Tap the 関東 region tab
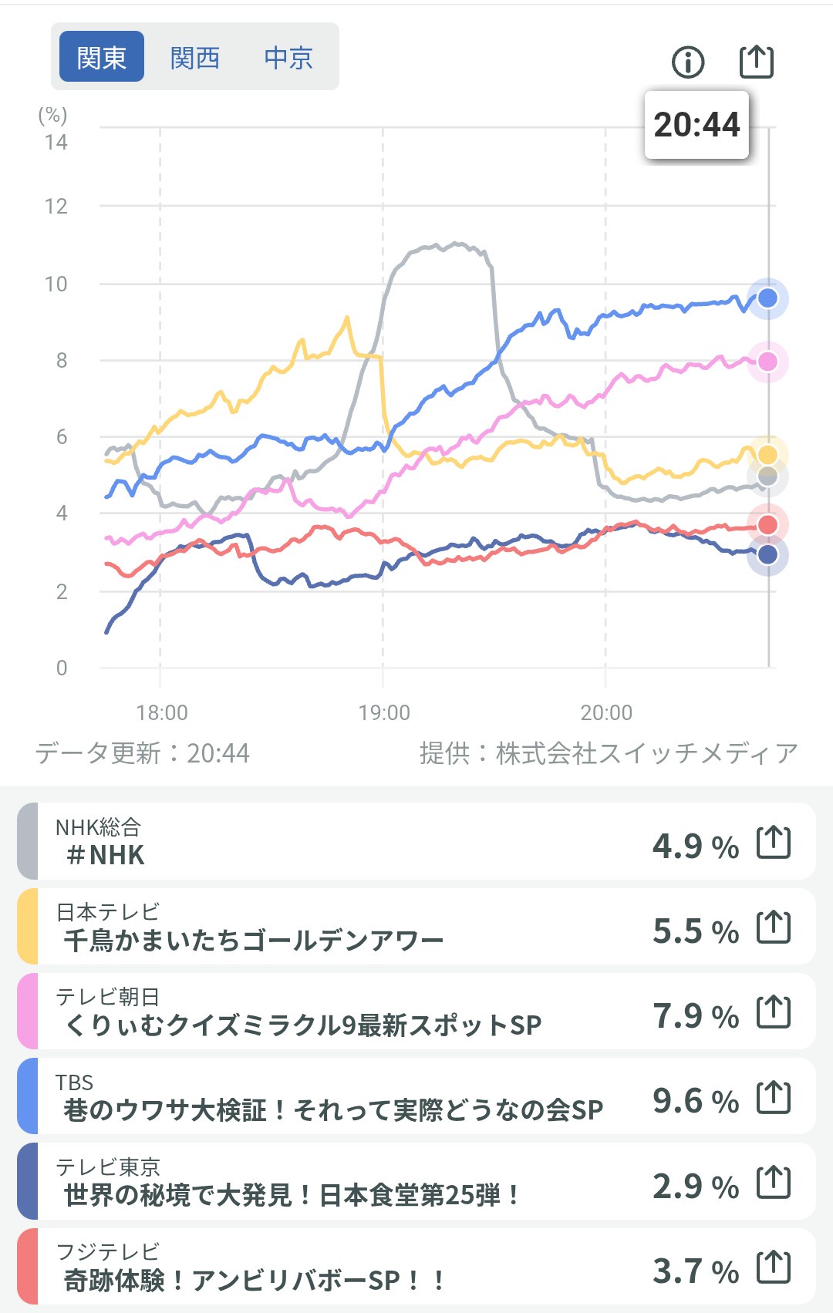(102, 57)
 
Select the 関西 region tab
(195, 57)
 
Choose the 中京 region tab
(288, 57)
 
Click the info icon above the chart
(688, 62)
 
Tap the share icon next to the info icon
(756, 61)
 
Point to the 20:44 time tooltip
(696, 125)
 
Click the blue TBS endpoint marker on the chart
(767, 298)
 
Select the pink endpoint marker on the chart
(767, 362)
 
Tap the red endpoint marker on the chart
(767, 525)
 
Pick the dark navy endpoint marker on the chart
(767, 554)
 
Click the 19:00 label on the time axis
(384, 712)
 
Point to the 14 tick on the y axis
(56, 143)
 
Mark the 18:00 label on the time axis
(162, 712)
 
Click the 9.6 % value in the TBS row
(695, 1101)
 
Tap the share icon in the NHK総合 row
(774, 842)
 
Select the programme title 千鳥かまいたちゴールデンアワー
(253, 941)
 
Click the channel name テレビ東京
(108, 1167)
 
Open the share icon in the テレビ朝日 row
(774, 1012)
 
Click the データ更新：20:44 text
(143, 753)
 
